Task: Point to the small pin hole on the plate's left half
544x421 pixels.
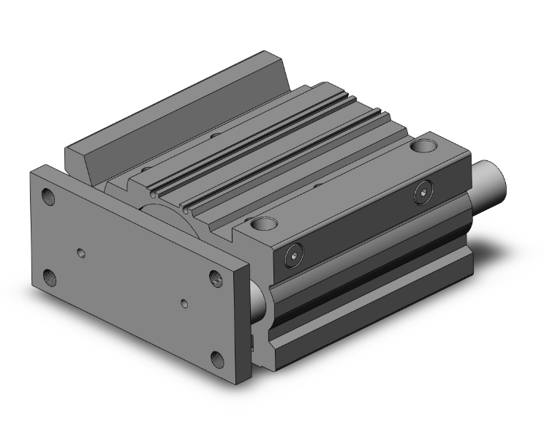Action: [x=82, y=254]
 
